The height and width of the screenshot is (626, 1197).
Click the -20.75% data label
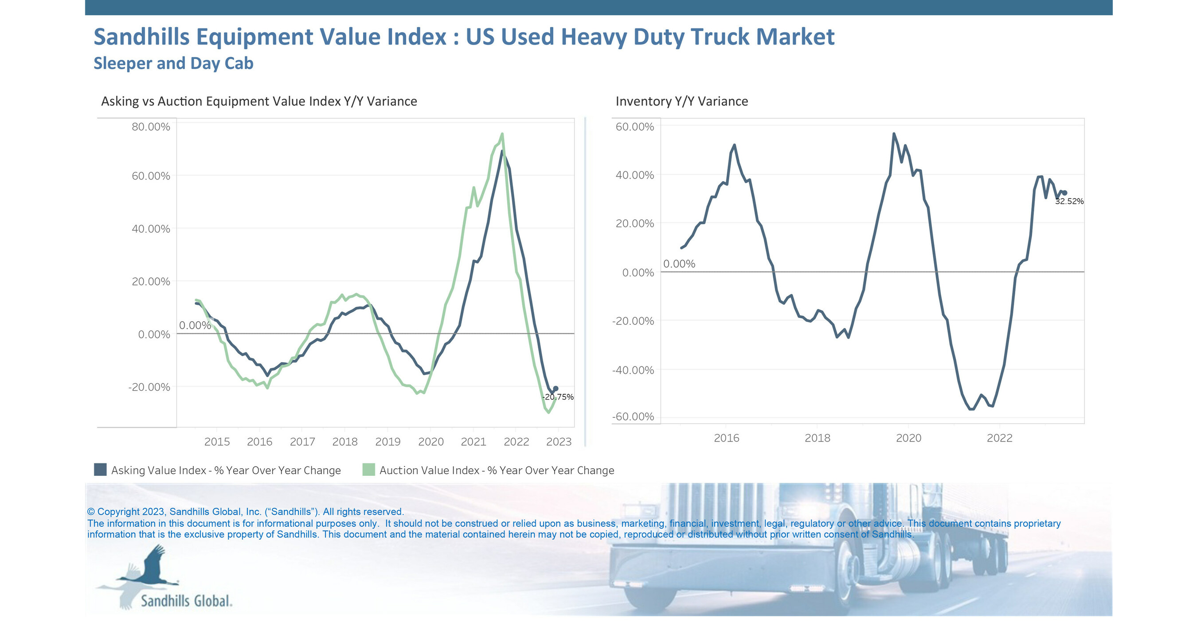[558, 397]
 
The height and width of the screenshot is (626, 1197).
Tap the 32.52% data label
[1069, 202]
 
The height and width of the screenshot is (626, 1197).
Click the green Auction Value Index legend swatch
[368, 470]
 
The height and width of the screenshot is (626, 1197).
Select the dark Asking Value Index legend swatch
[100, 470]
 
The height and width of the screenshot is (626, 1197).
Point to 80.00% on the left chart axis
[151, 127]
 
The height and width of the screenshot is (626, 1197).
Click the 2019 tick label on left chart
[387, 442]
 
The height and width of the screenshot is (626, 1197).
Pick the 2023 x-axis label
[559, 442]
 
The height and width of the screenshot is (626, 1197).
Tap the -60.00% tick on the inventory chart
[633, 416]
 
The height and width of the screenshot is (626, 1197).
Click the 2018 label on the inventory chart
[818, 438]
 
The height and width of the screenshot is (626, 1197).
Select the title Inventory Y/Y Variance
[682, 101]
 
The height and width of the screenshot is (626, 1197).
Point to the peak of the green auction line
[502, 134]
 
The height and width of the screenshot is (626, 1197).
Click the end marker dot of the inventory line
[1064, 193]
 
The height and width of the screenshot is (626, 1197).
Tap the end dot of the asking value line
[556, 389]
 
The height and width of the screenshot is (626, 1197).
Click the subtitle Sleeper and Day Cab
[173, 63]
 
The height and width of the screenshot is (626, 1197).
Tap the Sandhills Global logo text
[186, 601]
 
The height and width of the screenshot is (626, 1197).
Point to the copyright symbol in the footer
[90, 512]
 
